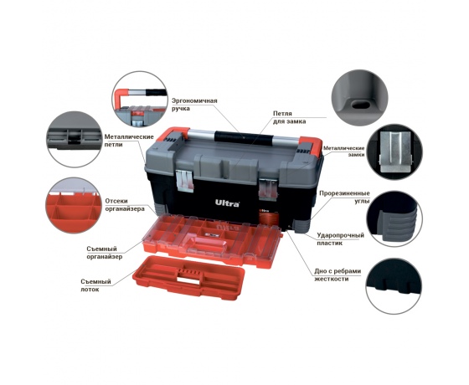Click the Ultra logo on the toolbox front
[227, 203]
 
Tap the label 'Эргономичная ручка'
[194, 105]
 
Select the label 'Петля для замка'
[289, 117]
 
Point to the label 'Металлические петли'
[129, 141]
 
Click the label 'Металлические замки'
[344, 151]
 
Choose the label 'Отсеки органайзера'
[125, 205]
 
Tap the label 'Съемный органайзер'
[105, 253]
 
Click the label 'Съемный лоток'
[95, 285]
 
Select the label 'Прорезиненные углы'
[344, 197]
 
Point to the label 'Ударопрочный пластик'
[341, 239]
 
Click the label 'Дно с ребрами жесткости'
[338, 275]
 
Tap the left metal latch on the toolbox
[184, 180]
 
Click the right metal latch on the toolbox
[268, 188]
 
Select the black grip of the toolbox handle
[244, 137]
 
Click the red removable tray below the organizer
[188, 275]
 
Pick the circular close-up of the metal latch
[394, 151]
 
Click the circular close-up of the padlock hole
[360, 98]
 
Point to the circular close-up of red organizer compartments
[74, 205]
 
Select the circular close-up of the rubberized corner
[394, 218]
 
